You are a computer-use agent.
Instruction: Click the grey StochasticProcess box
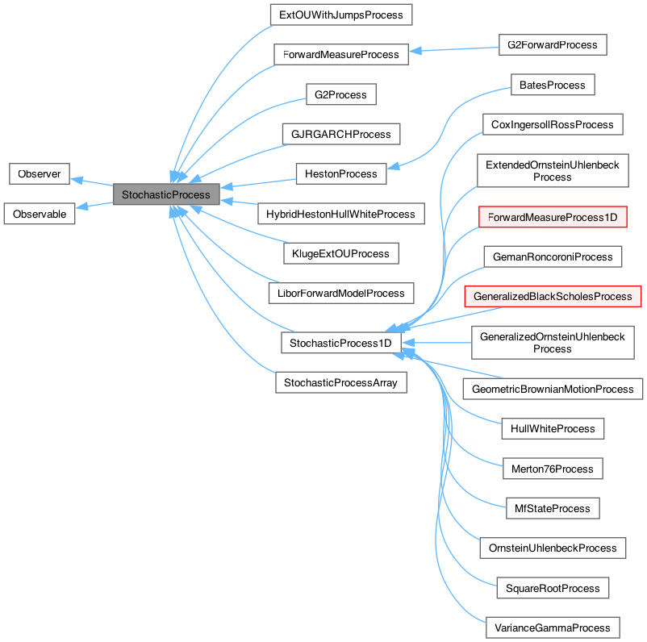[166, 194]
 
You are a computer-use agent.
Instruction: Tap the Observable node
[40, 214]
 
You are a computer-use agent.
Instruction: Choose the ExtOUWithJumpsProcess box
[340, 15]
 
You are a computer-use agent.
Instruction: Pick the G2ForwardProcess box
[548, 44]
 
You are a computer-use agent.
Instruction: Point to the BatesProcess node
[552, 84]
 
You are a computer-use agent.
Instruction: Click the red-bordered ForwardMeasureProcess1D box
[553, 216]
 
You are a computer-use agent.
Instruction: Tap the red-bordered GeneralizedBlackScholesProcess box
[553, 296]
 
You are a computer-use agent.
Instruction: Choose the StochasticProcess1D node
[340, 343]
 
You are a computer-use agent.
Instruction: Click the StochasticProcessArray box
[340, 382]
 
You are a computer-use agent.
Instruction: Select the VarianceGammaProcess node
[553, 627]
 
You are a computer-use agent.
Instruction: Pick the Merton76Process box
[552, 469]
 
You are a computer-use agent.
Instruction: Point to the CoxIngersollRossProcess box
[553, 124]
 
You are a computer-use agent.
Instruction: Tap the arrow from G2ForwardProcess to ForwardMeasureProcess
[452, 50]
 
